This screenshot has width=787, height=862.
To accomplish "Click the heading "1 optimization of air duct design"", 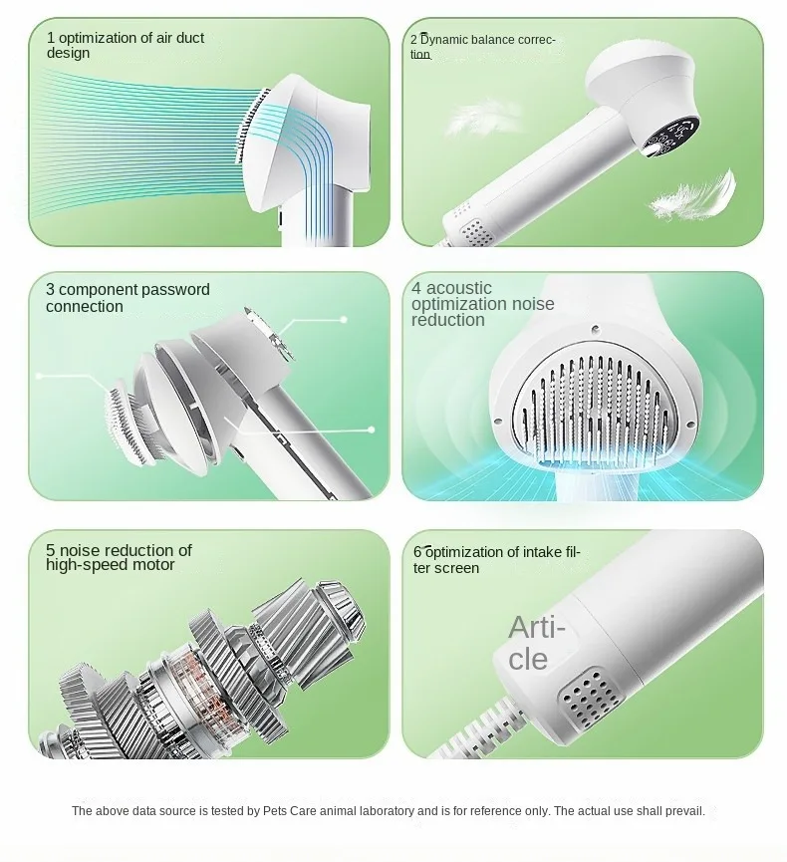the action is pos(126,45).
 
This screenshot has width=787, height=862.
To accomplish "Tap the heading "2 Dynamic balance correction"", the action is pos(482,46).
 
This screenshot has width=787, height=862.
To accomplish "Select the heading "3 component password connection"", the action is pos(128,297).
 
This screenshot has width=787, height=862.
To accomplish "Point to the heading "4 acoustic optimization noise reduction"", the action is pos(482,304).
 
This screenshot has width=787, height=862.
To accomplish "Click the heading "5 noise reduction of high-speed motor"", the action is pos(119,557).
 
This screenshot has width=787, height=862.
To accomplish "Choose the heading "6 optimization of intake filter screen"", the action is pos(497,560).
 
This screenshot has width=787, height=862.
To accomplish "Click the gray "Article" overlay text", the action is pos(536,643).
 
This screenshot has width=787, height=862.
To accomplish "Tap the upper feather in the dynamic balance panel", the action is pos(483,117).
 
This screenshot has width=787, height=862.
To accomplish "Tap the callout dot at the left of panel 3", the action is pos(39,376).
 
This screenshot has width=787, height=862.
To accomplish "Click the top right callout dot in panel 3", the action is pos(344,320).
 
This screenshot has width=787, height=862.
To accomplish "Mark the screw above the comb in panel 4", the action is pos(595,330).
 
